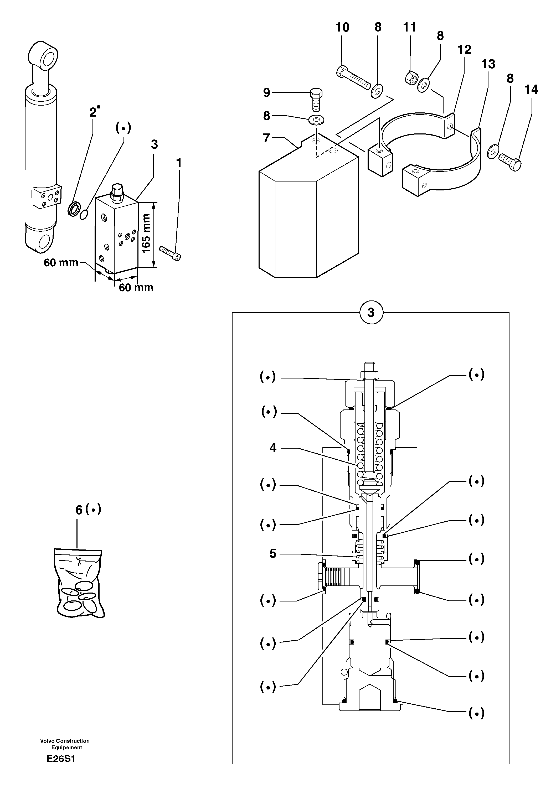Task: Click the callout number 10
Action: [342, 28]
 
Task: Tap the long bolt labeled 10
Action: [352, 78]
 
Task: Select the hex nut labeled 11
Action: [410, 78]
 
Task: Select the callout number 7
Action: [266, 138]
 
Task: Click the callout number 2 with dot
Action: [94, 112]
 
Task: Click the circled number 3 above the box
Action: [371, 313]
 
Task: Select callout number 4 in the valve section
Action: [273, 448]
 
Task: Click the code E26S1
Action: [61, 759]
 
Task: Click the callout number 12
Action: [464, 50]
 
